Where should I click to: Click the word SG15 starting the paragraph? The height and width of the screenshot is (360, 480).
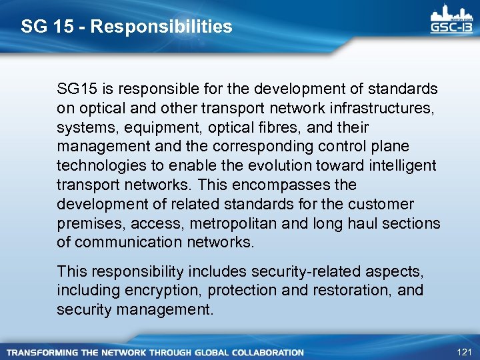(x=77, y=89)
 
